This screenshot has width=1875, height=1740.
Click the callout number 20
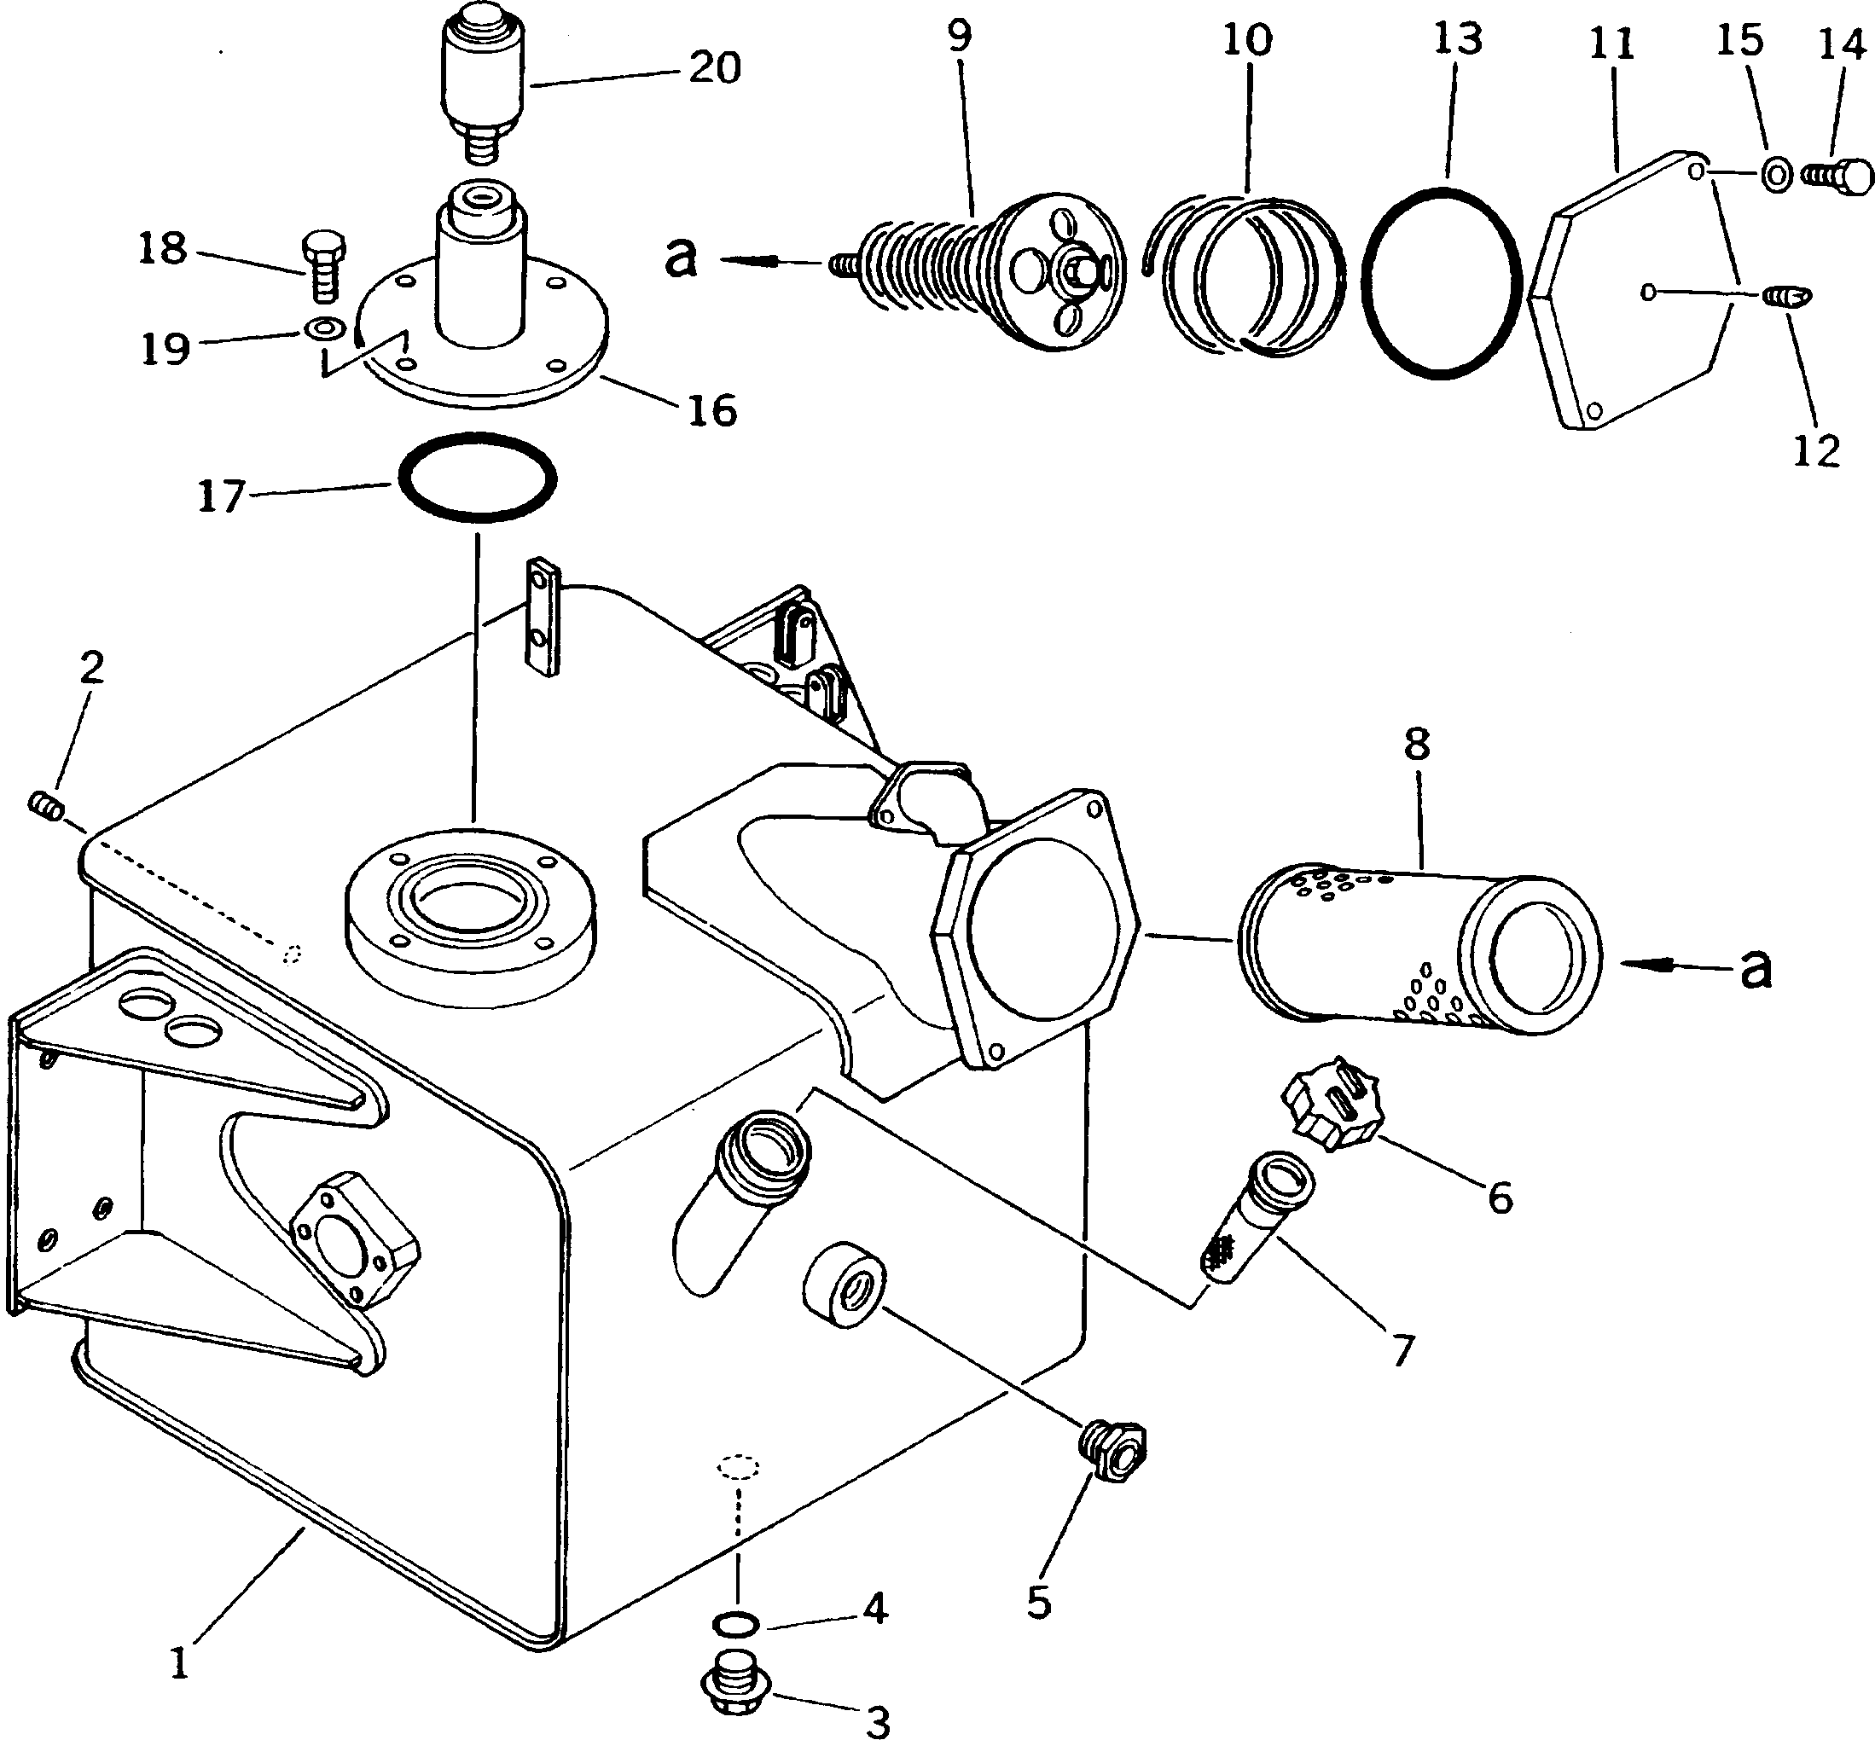click(x=714, y=67)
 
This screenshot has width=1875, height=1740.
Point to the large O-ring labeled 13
click(x=1441, y=282)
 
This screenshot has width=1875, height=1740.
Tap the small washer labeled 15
click(x=1776, y=174)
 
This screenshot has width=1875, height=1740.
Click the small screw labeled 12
click(x=1786, y=298)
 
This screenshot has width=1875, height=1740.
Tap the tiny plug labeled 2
click(x=45, y=806)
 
